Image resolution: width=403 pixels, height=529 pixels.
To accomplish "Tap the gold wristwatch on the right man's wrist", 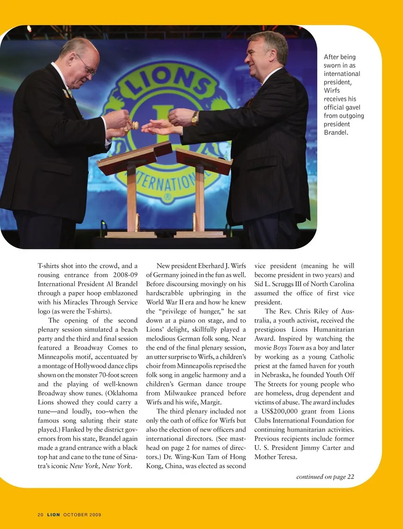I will click(195, 119).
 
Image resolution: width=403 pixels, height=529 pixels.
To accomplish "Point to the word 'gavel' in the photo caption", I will click(352, 107).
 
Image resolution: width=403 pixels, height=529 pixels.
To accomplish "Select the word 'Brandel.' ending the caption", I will click(336, 132).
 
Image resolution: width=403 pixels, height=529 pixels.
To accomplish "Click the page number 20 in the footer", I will click(40, 514).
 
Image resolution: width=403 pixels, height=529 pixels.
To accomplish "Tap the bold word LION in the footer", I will click(53, 514).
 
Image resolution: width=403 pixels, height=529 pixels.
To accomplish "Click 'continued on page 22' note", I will click(325, 477).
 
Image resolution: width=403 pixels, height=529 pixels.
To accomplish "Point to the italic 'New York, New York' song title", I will click(101, 466).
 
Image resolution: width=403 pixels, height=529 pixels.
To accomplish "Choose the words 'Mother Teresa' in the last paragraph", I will click(275, 457).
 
